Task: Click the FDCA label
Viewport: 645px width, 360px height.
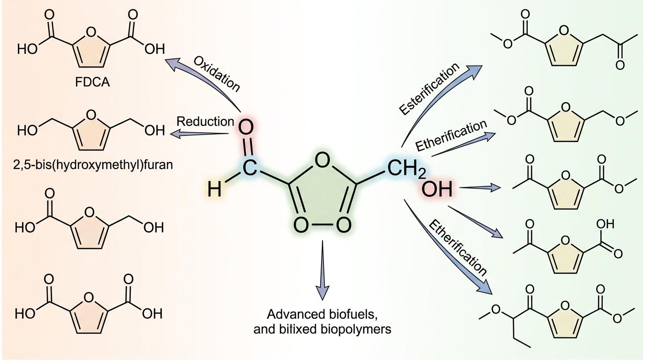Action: (x=92, y=82)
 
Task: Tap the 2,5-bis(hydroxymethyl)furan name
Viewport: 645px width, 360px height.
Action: (x=93, y=165)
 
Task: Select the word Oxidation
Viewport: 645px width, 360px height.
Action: (x=217, y=74)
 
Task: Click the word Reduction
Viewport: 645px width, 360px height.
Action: (x=205, y=121)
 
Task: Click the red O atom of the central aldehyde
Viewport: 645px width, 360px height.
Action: (x=246, y=128)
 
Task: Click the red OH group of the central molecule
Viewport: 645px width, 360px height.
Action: (x=436, y=189)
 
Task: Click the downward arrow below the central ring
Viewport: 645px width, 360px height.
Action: (x=322, y=270)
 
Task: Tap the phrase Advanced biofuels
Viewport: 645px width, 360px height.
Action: (x=322, y=314)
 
